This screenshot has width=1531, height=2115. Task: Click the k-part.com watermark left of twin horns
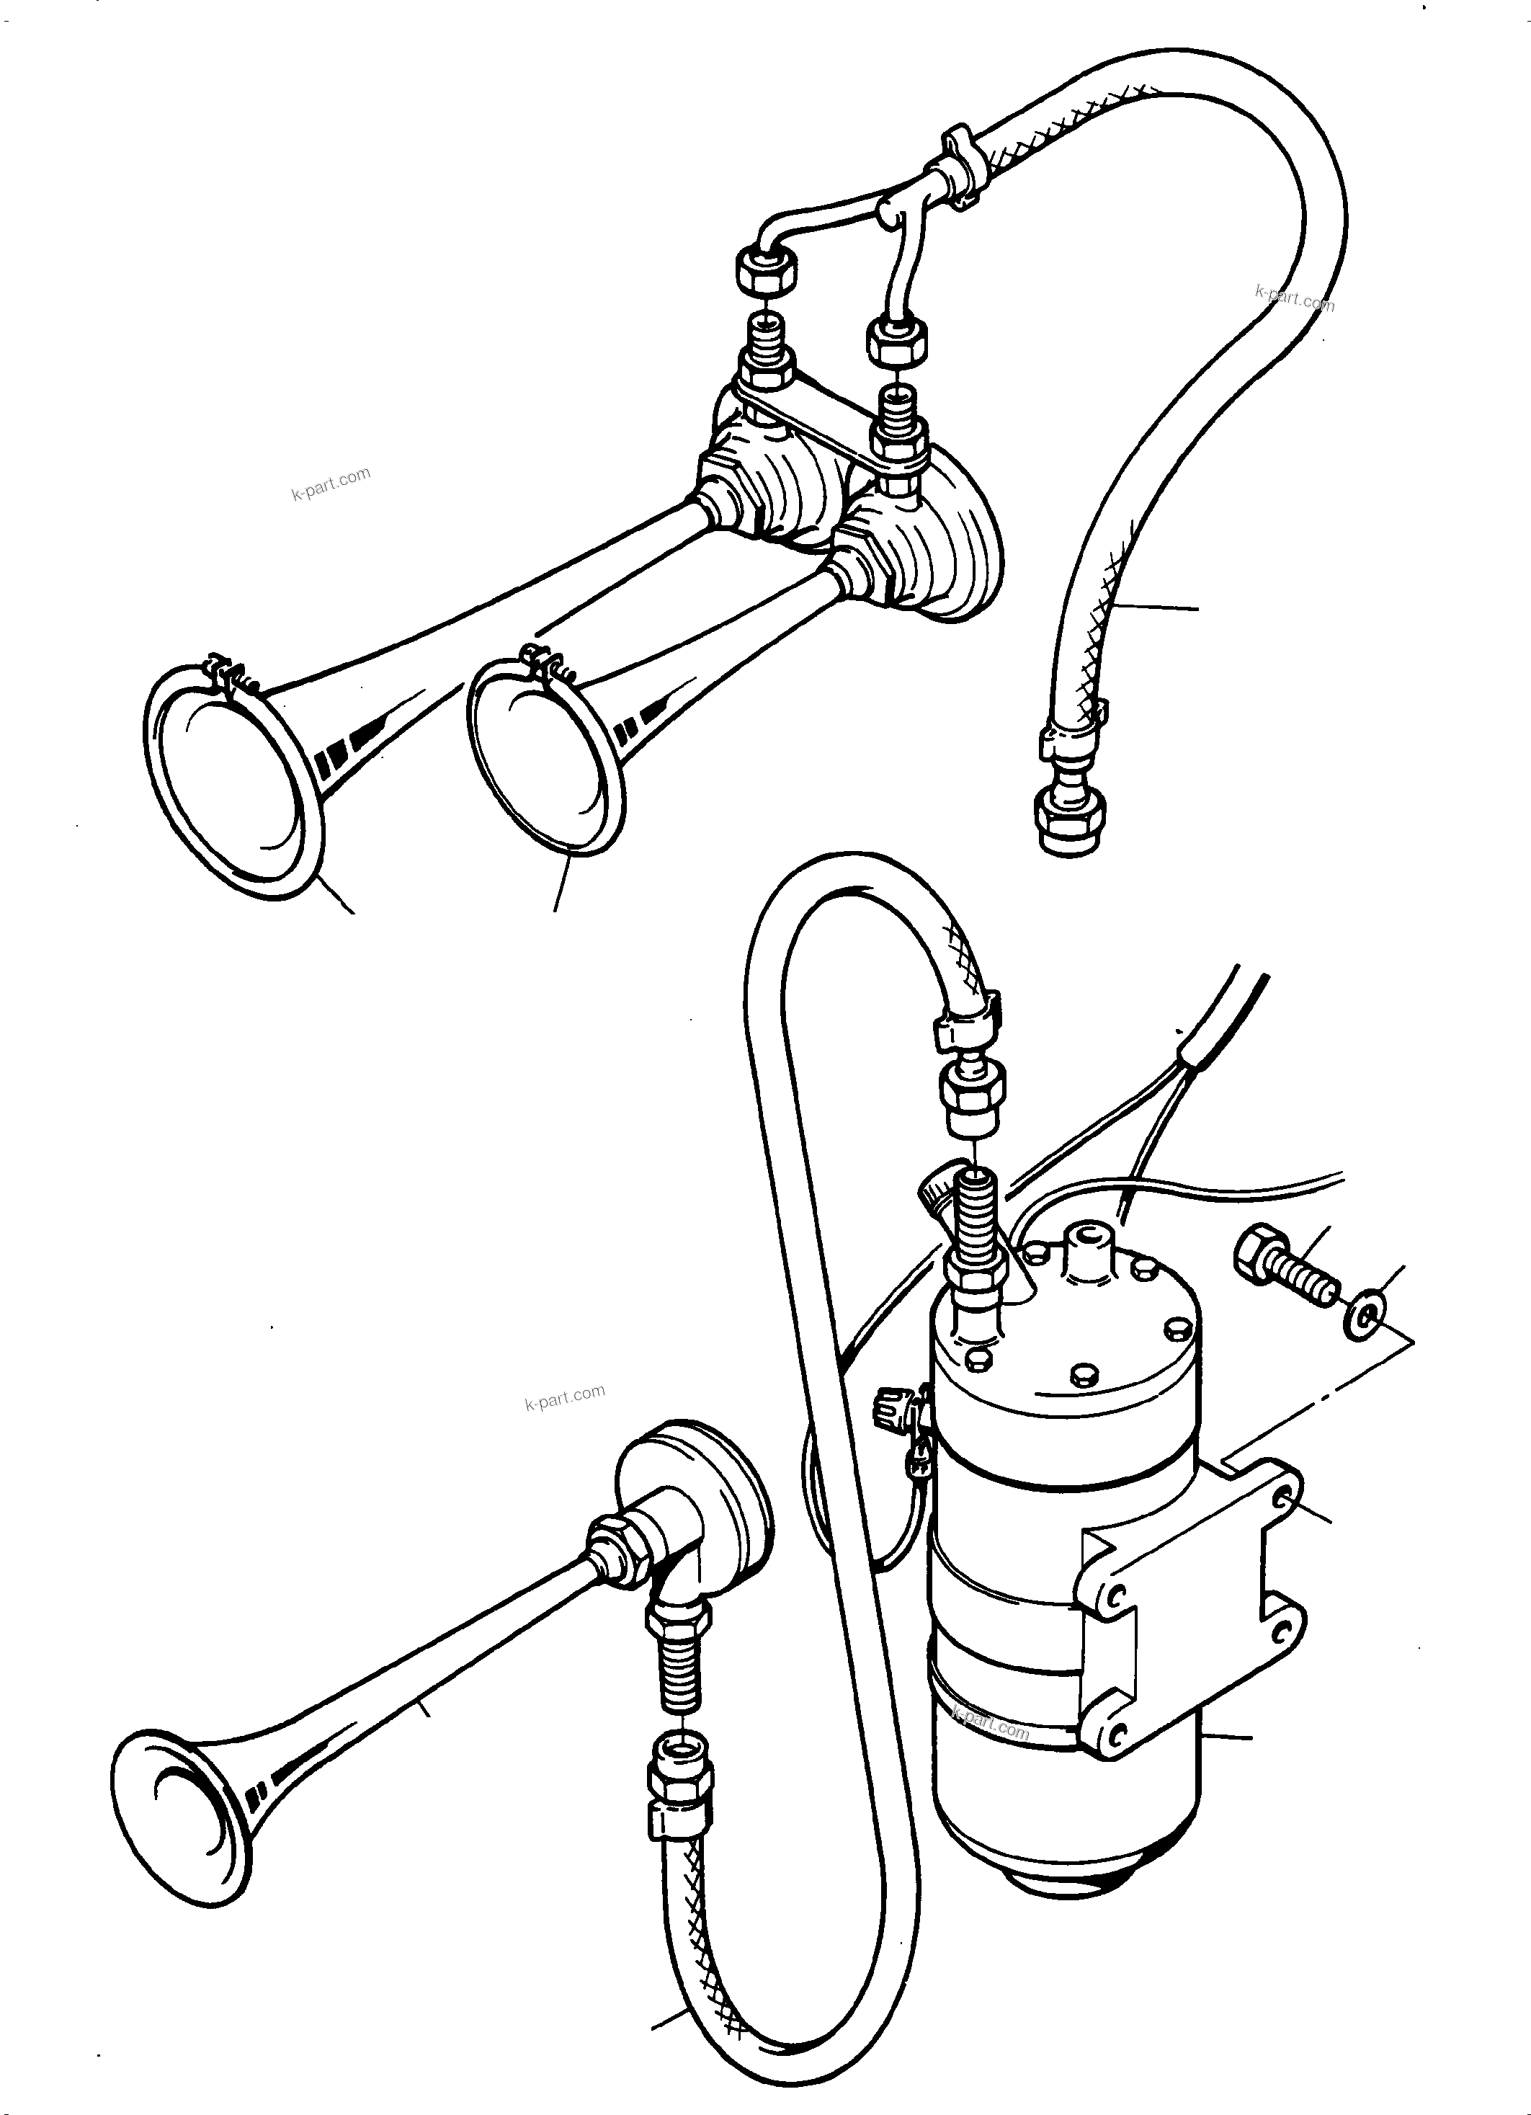pyautogui.click(x=331, y=483)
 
